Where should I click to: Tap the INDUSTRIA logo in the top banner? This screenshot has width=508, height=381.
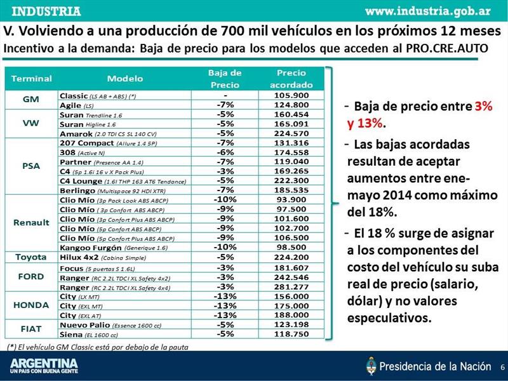pyautogui.click(x=46, y=11)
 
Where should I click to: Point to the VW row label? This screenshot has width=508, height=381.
pyautogui.click(x=31, y=124)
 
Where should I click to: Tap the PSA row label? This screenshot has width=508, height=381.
pyautogui.click(x=31, y=166)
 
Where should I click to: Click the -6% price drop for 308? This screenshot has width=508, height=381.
pyautogui.click(x=225, y=152)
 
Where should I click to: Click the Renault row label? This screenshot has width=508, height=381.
pyautogui.click(x=31, y=223)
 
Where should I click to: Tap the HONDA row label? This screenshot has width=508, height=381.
pyautogui.click(x=31, y=305)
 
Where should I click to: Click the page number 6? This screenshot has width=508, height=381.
pyautogui.click(x=502, y=367)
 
